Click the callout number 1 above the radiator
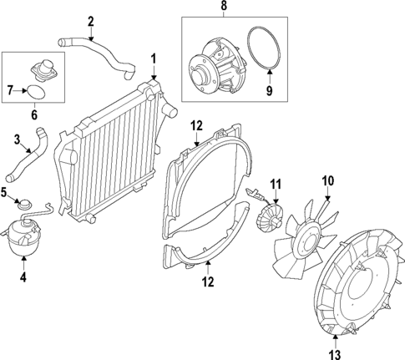pyautogui.click(x=153, y=58)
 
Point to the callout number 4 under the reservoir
pyautogui.click(x=23, y=276)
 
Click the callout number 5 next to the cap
pyautogui.click(x=4, y=193)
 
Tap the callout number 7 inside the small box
pyautogui.click(x=9, y=88)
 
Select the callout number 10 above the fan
pyautogui.click(x=327, y=180)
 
